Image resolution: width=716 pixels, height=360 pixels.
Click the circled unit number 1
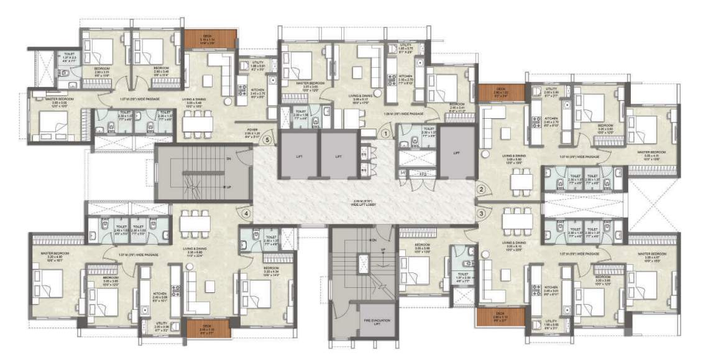[385, 132]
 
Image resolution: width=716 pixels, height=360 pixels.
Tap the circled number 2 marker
[480, 189]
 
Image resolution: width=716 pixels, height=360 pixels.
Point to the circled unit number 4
[247, 213]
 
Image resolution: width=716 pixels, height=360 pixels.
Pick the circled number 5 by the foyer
[267, 140]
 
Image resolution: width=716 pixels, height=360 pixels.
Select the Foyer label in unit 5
[251, 131]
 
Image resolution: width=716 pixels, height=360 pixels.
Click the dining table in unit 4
[193, 221]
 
